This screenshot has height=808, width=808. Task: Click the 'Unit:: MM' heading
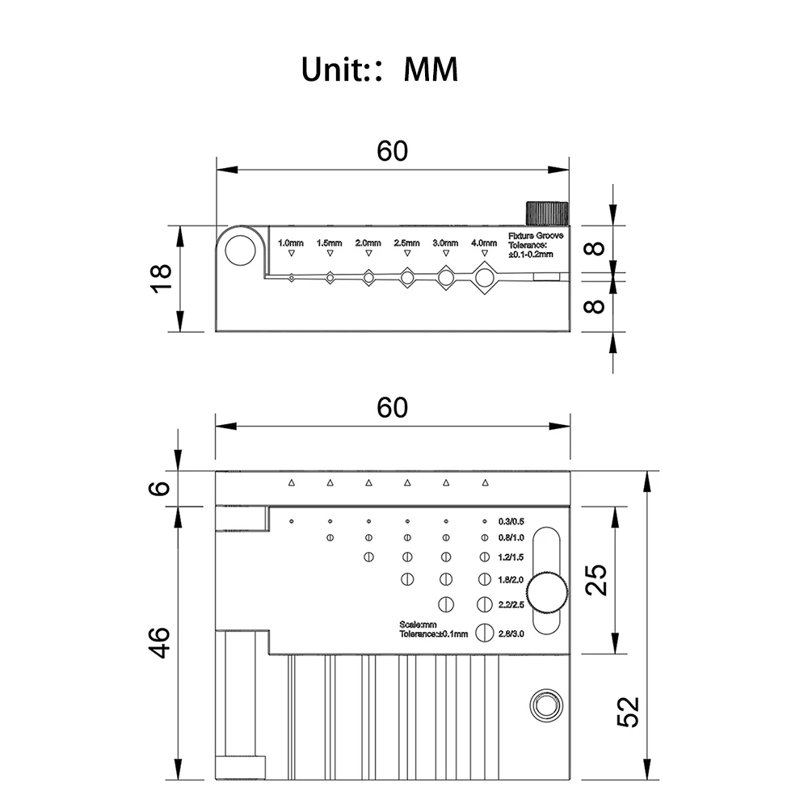[379, 69]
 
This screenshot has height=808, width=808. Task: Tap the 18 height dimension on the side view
[162, 279]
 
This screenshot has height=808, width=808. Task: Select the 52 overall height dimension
[628, 712]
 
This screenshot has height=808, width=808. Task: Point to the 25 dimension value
[596, 580]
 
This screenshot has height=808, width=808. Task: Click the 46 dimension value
[160, 642]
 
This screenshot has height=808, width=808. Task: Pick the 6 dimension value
[160, 488]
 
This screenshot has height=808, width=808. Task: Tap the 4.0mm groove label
[484, 242]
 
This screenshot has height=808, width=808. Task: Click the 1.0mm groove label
[291, 242]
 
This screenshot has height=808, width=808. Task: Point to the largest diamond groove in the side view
[483, 278]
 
